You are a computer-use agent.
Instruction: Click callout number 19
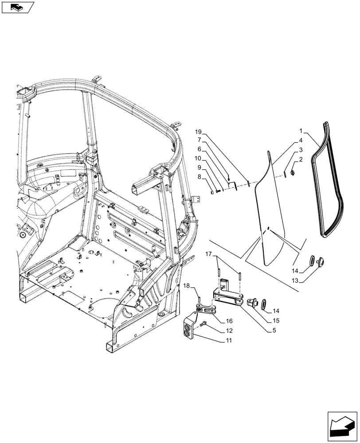[x=198, y=132]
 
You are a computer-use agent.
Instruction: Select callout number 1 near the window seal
[x=301, y=132]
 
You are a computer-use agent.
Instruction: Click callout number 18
[x=187, y=287]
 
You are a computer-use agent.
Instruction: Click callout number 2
[x=301, y=159]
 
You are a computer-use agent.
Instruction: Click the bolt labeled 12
[x=205, y=325]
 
